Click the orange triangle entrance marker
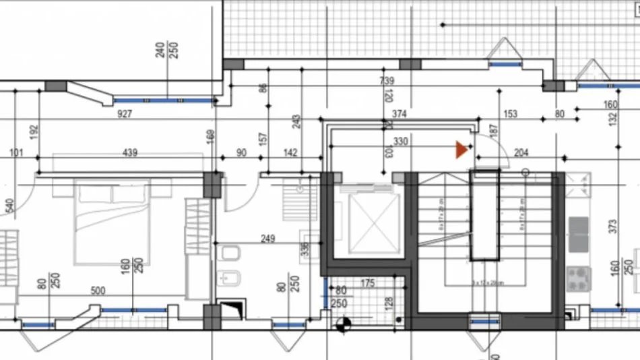click(461, 150)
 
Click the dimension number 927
click(124, 114)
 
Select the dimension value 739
click(387, 81)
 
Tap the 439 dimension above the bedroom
click(129, 153)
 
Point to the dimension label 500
click(98, 291)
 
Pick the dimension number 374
click(399, 114)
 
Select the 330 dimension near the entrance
click(400, 142)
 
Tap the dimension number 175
click(367, 282)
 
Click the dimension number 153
click(510, 114)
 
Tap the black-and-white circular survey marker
click(344, 324)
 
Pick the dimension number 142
click(290, 153)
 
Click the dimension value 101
click(16, 153)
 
